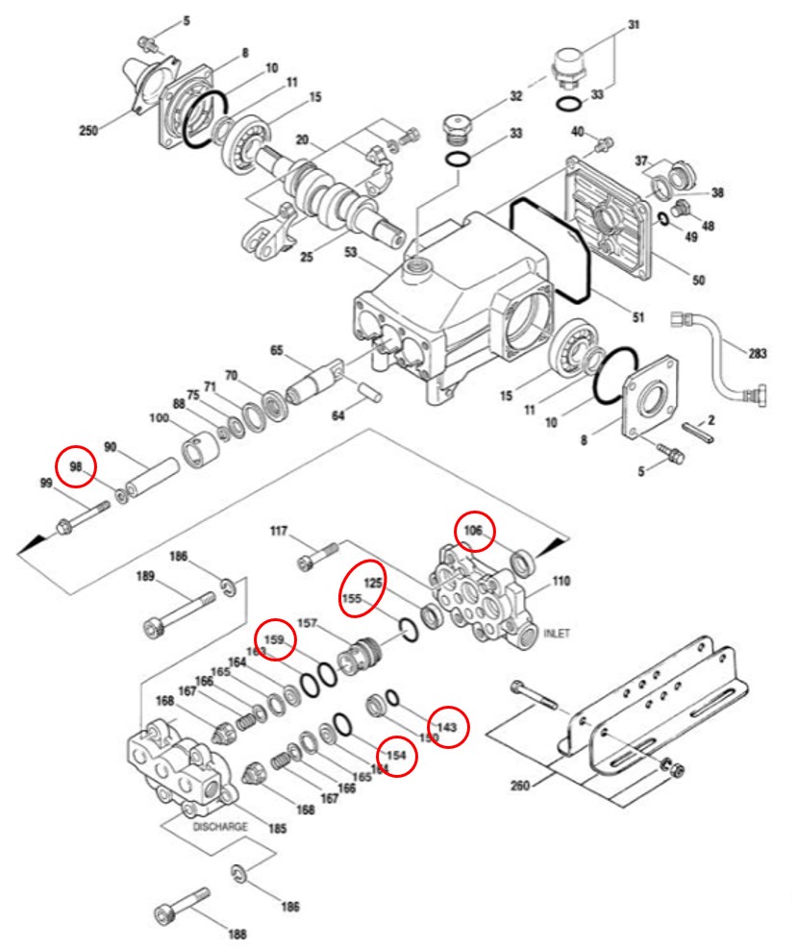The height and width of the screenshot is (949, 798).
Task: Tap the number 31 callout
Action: pyautogui.click(x=634, y=25)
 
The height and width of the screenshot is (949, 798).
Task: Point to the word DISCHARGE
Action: pyautogui.click(x=220, y=827)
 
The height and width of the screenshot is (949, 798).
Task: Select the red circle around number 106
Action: pyautogui.click(x=474, y=531)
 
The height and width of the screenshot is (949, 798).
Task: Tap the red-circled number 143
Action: pyautogui.click(x=446, y=728)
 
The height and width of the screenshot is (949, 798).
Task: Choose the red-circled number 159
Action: pyautogui.click(x=274, y=639)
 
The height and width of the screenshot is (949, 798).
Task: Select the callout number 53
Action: pyautogui.click(x=351, y=253)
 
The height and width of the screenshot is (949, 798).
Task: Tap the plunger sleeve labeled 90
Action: pyautogui.click(x=152, y=478)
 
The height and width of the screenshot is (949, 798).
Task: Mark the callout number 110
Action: pyautogui.click(x=561, y=581)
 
